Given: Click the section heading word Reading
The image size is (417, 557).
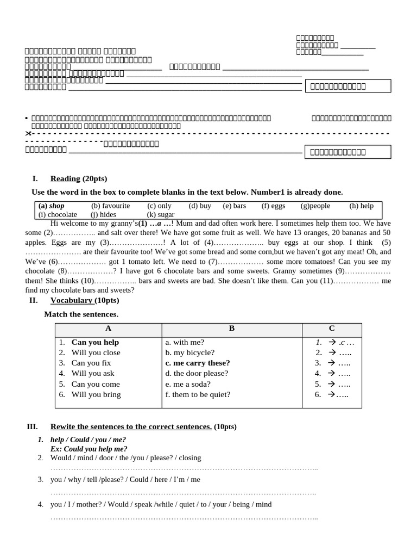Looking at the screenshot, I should click(65, 178).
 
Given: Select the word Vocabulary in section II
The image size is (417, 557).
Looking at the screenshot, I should click(71, 300).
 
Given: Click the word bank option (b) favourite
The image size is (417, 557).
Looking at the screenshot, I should click(111, 206).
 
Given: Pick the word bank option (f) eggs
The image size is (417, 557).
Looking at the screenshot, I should click(273, 206).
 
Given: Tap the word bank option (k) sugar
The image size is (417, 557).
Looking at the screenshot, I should click(161, 214).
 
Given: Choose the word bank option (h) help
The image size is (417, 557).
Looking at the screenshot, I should click(362, 206).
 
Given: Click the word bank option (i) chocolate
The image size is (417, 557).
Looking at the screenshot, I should click(58, 214).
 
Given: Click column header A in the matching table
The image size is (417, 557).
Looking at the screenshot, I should click(108, 329).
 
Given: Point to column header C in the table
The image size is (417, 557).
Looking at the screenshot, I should click(332, 329).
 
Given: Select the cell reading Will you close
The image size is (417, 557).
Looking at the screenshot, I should click(96, 352).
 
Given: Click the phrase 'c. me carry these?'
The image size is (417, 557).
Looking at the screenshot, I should click(198, 363).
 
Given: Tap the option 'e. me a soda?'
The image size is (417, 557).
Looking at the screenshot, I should click(188, 384).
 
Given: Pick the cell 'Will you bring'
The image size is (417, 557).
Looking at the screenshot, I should click(96, 394).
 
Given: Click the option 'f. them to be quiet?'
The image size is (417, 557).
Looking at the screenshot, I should click(198, 394).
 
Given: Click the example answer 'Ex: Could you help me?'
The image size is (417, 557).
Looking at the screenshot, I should click(89, 449).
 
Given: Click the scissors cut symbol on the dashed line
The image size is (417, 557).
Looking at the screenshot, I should click(28, 133).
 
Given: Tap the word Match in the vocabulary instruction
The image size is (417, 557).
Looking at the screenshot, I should click(55, 314).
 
